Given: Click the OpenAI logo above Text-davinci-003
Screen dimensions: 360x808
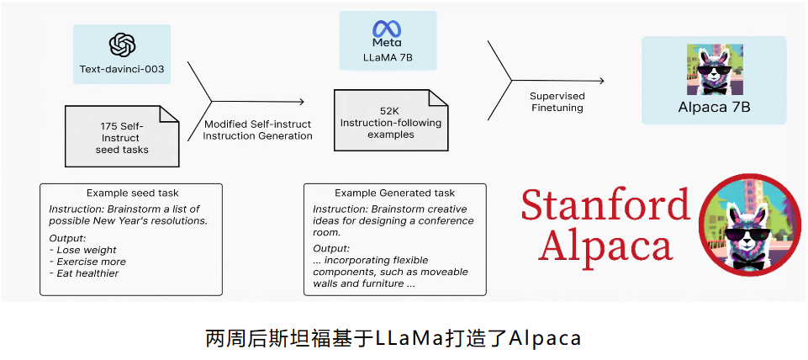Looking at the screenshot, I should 122,45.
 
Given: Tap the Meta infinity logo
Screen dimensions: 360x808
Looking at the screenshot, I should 387,28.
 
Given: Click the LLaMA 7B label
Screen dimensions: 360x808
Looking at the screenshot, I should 387,59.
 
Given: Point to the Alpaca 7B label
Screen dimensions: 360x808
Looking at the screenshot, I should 714,107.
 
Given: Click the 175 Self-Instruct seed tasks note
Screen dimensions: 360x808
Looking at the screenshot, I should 122,137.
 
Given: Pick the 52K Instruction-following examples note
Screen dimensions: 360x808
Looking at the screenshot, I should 389,123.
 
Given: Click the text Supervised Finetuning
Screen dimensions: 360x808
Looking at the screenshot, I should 557,102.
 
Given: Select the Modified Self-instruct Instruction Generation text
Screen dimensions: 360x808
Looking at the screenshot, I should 258,130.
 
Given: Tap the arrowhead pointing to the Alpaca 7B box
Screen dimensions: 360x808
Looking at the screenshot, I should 600,81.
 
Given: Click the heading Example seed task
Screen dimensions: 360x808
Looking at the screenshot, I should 132,193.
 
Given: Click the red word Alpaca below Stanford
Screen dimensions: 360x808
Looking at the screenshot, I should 606,246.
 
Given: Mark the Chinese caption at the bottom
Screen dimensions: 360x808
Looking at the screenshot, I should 393,338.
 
